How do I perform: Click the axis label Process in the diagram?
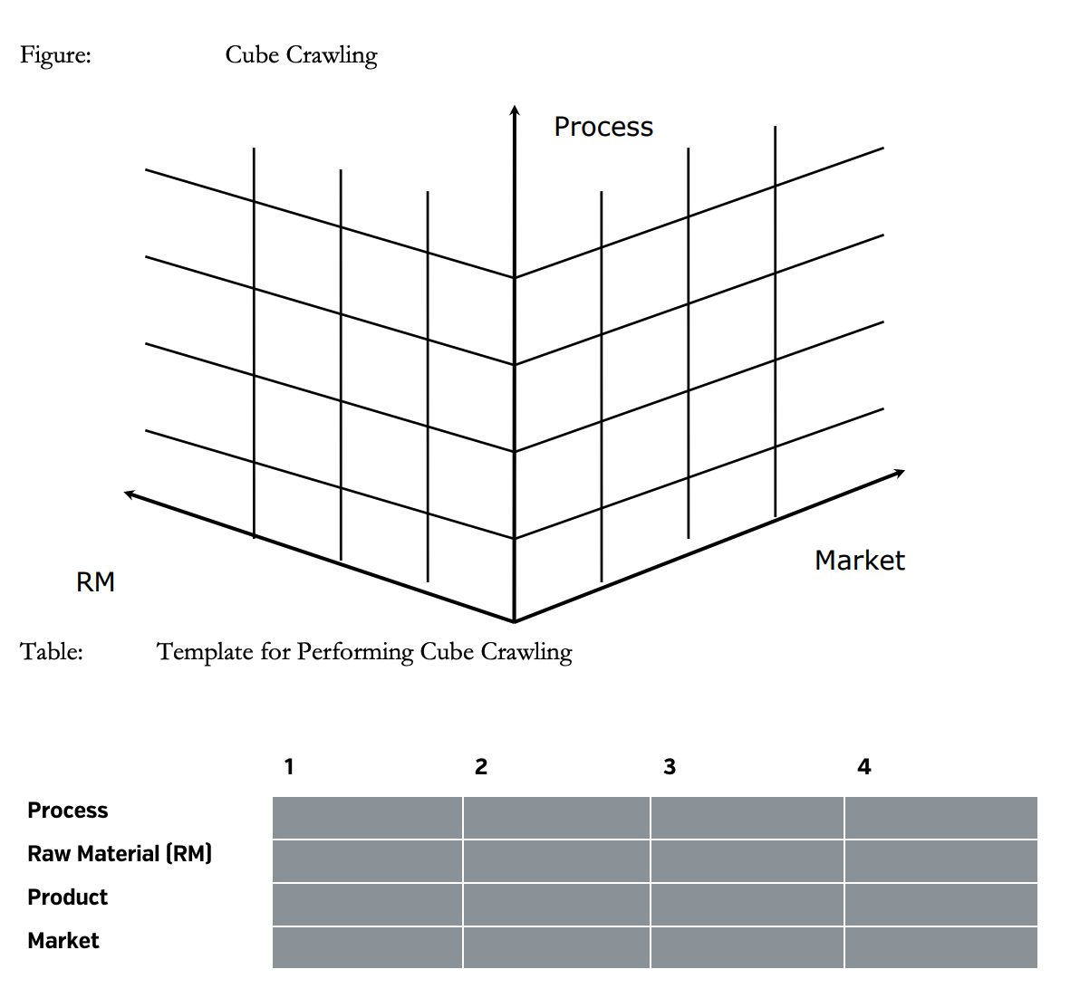pos(603,127)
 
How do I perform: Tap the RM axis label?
pos(95,582)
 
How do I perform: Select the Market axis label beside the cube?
pos(860,561)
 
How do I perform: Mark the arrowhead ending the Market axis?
pos(899,472)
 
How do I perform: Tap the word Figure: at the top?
pos(55,55)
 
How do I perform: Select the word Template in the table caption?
pos(205,652)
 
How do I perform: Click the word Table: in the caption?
pos(52,651)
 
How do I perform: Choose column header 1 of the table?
pos(289,767)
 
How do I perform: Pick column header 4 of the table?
pos(863,767)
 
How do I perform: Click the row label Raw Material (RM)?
pos(120,854)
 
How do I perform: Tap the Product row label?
pos(67,897)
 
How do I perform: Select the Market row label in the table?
pos(63,941)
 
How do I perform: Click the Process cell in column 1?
pos(367,818)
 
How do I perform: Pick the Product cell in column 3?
pos(747,905)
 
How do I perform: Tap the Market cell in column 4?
pos(940,948)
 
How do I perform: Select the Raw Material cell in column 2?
pos(556,861)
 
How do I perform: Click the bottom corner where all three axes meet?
pos(514,621)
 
